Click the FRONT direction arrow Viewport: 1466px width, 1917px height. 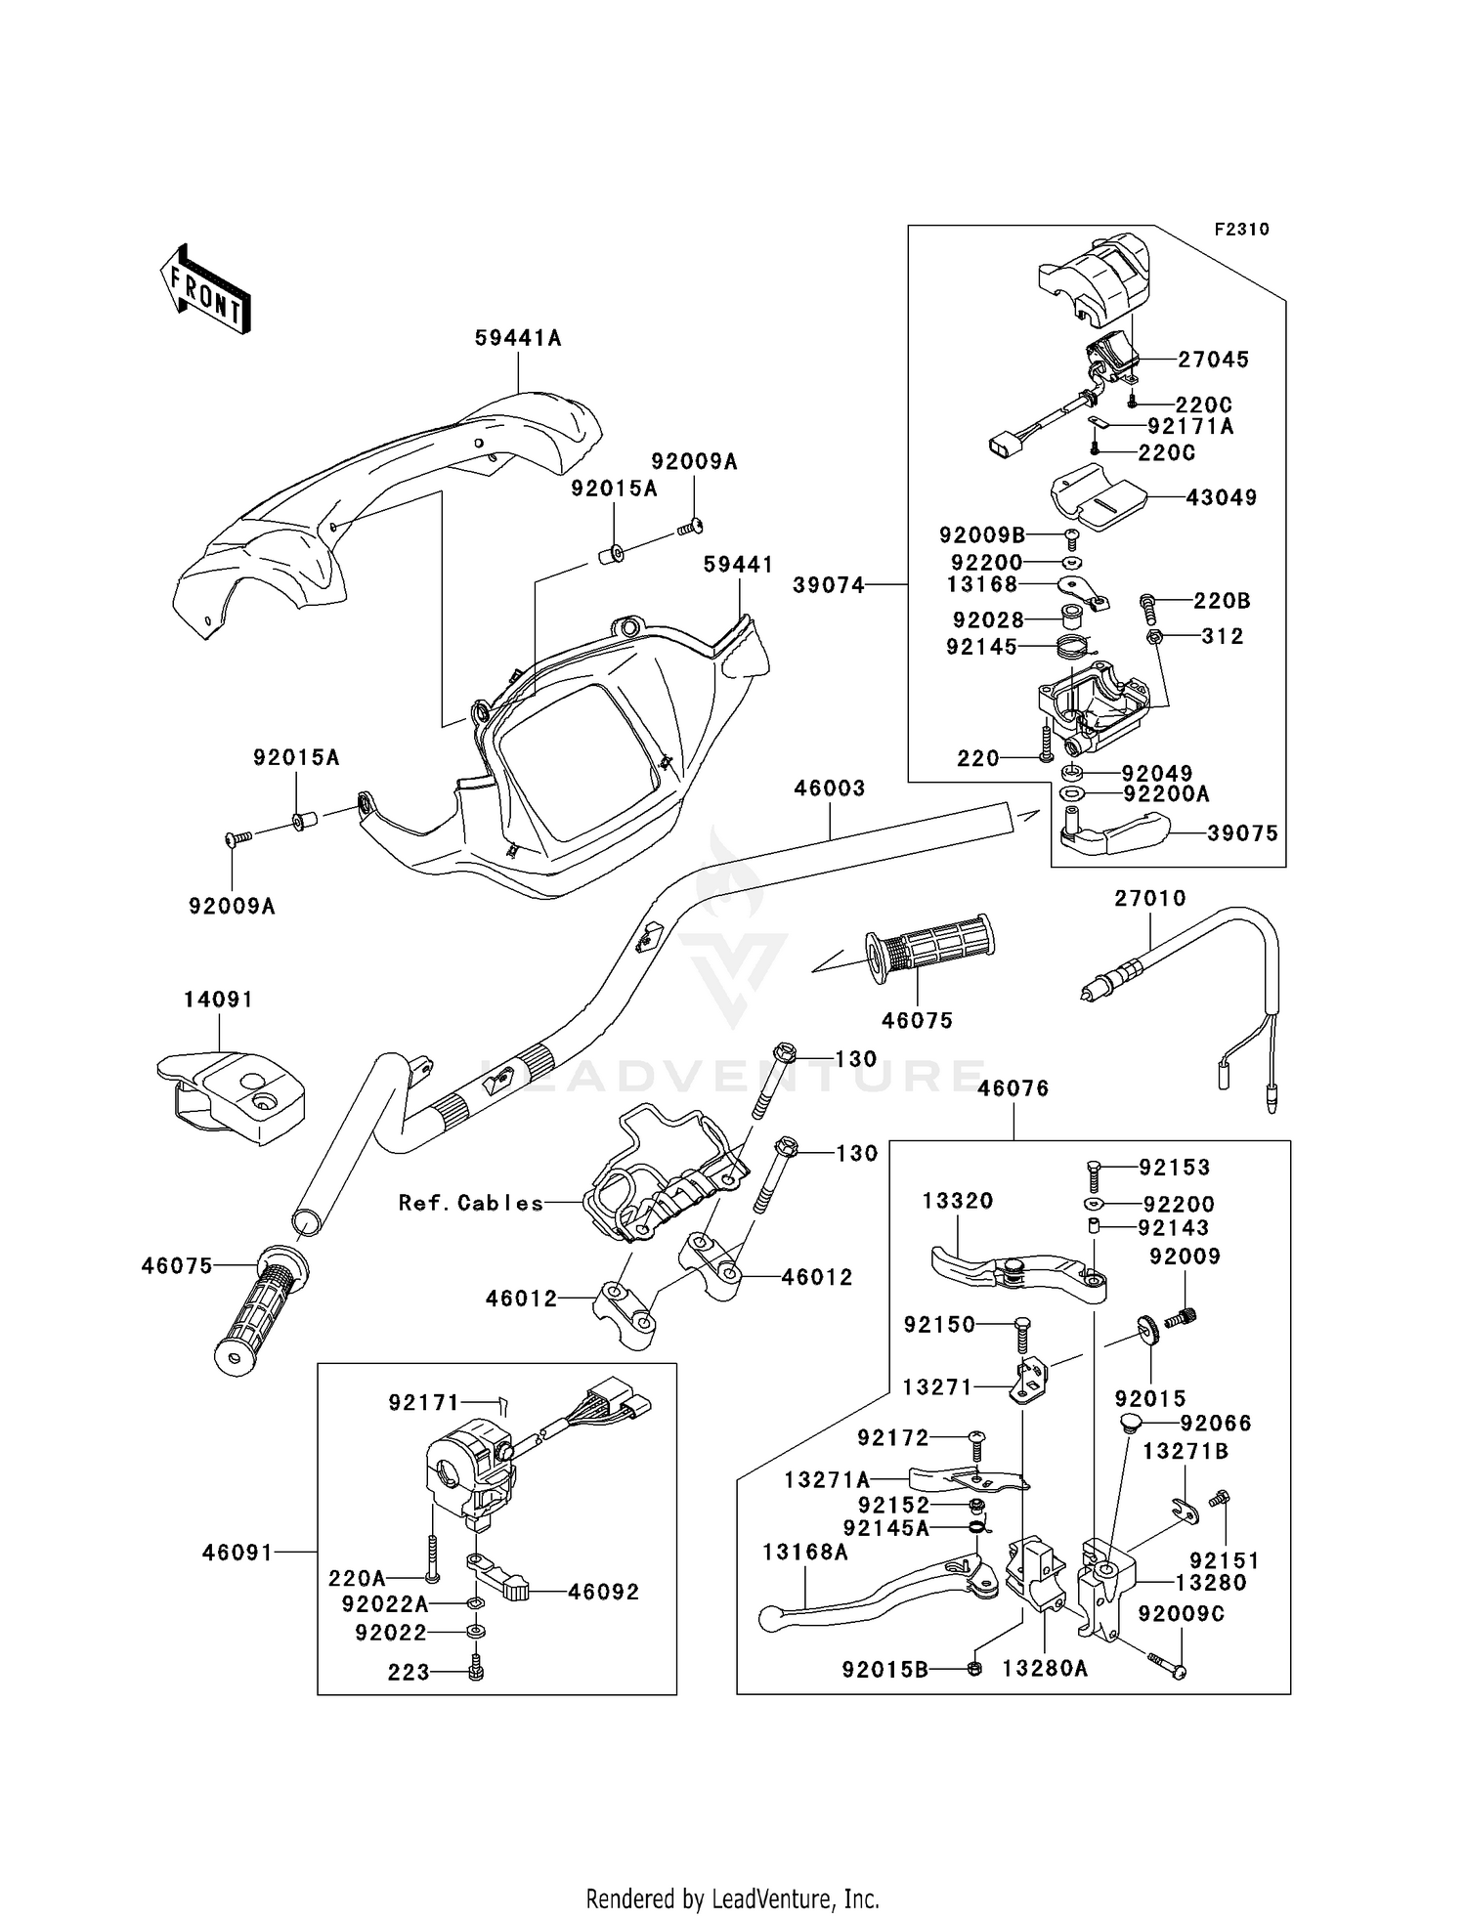point(206,289)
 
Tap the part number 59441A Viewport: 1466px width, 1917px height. point(518,338)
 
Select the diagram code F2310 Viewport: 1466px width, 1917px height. point(1241,230)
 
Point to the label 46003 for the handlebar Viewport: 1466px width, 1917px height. point(829,788)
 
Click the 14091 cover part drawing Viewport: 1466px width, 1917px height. point(231,1095)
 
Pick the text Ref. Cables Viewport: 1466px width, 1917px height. point(471,1203)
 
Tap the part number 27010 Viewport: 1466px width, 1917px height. point(1149,898)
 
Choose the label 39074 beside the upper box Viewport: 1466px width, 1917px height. point(829,584)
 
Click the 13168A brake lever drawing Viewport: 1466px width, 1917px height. point(870,1594)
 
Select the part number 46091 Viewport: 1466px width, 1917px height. point(238,1551)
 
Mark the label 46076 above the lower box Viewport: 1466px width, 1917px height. point(1013,1088)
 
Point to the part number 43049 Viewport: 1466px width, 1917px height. point(1221,497)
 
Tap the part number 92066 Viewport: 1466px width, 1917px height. point(1215,1424)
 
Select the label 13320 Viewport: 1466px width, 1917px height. point(957,1201)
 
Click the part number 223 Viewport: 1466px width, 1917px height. point(409,1673)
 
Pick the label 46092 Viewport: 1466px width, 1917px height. point(603,1592)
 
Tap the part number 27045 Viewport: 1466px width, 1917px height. point(1213,360)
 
